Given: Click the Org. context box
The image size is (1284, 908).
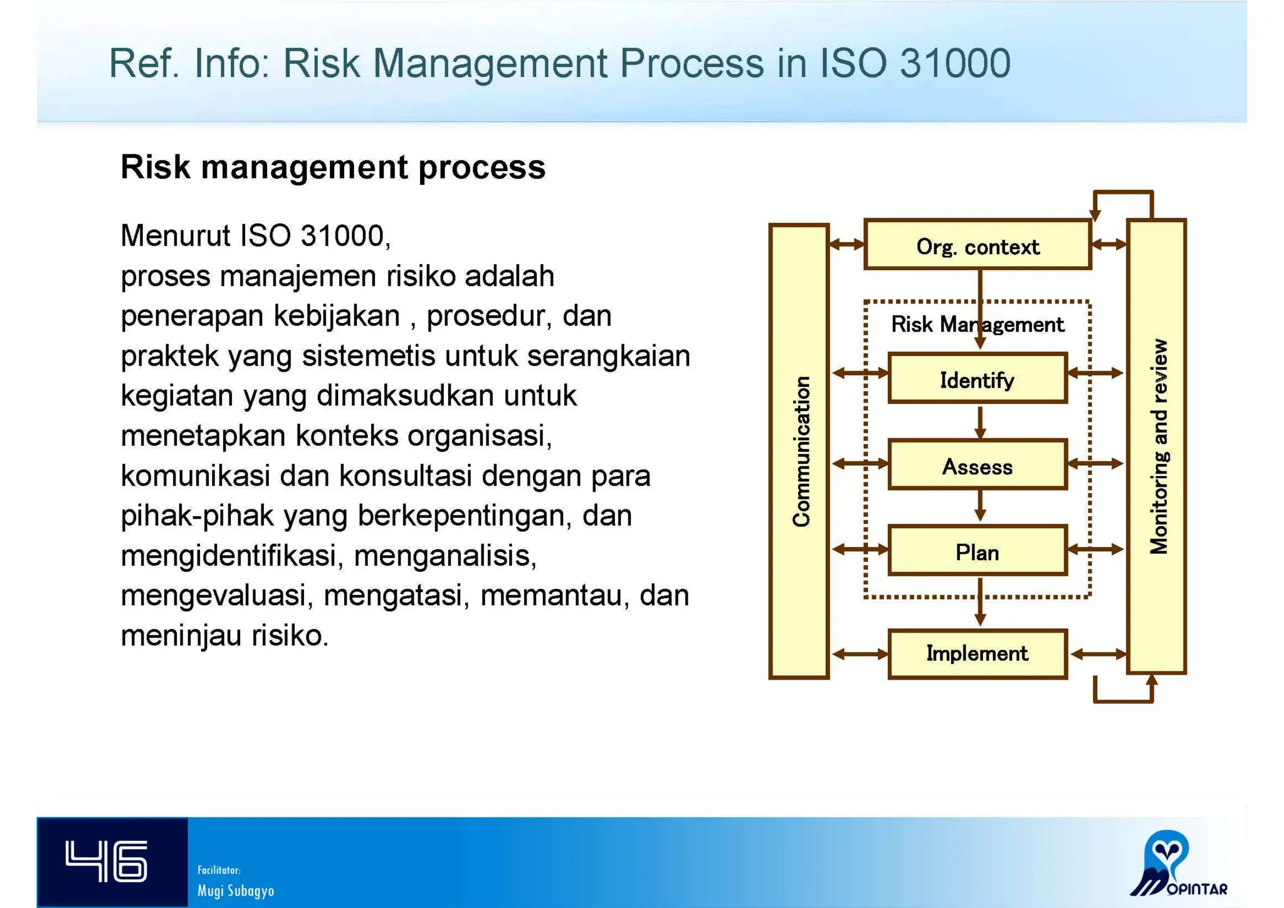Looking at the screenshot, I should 977,246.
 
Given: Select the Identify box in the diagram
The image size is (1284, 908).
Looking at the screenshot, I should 977,379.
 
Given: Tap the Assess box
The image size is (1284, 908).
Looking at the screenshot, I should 977,466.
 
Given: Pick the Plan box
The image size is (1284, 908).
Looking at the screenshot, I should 977,552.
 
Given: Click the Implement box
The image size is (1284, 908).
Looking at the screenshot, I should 977,653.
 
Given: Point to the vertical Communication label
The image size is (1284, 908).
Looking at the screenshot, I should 801,451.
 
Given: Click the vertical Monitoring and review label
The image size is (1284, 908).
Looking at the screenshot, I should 1159,446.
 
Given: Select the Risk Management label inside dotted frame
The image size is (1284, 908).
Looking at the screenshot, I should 977,324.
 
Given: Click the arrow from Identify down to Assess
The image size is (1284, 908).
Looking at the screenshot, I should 980,422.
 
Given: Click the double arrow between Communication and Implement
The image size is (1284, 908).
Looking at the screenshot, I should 859,654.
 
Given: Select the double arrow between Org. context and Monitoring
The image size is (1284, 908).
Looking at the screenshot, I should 1108,245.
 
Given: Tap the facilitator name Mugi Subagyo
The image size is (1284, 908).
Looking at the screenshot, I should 236,890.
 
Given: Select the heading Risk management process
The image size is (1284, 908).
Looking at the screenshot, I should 333,167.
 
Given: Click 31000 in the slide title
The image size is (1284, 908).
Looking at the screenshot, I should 954,63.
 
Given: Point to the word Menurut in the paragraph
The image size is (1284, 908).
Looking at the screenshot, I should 176,236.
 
